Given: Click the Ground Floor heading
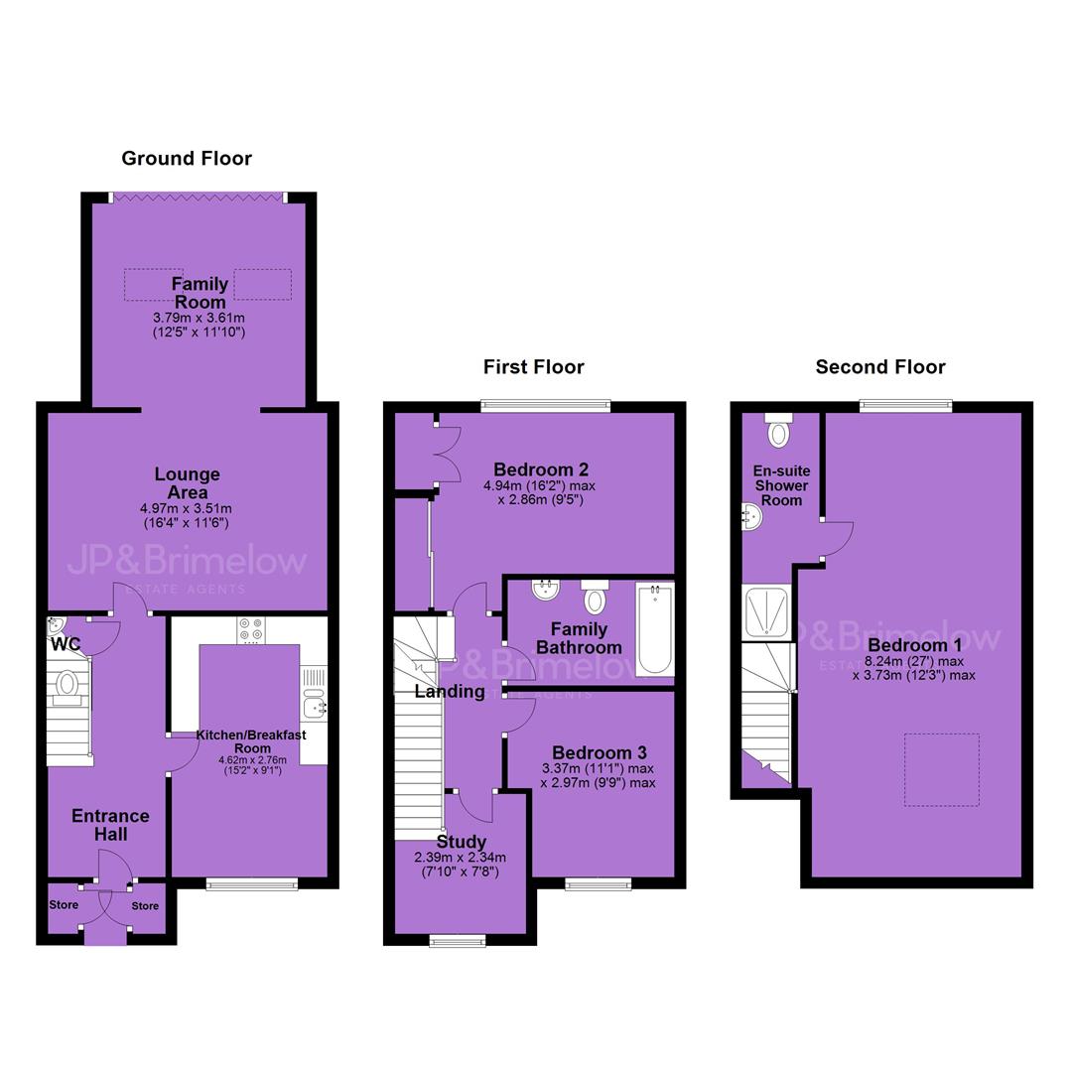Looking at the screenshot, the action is point(187,159).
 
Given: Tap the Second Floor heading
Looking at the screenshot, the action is point(880,367).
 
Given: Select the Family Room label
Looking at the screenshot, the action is point(200,293).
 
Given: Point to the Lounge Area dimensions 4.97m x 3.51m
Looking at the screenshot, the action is point(186,508).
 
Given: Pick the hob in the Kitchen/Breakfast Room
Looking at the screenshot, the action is point(249,630).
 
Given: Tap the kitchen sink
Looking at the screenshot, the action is point(314,704).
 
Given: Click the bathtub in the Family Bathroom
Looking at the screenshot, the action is point(655,629).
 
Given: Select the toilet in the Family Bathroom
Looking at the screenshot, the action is point(595,598).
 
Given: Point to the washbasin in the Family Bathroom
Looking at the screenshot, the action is point(545,590).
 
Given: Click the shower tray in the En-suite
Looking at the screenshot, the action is point(766,612).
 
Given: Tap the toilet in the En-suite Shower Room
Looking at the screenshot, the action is point(779,430).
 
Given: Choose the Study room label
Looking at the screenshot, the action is point(462,843).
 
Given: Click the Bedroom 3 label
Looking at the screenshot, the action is point(600,753).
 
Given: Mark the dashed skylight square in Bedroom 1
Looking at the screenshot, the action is point(941,770).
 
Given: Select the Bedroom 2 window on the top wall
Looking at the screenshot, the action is point(546,406).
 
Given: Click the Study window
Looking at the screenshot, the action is point(458,941).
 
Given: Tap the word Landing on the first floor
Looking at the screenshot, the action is point(450,692).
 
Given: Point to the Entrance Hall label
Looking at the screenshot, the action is point(111,825).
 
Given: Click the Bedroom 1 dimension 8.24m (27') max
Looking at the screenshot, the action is point(914,661).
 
